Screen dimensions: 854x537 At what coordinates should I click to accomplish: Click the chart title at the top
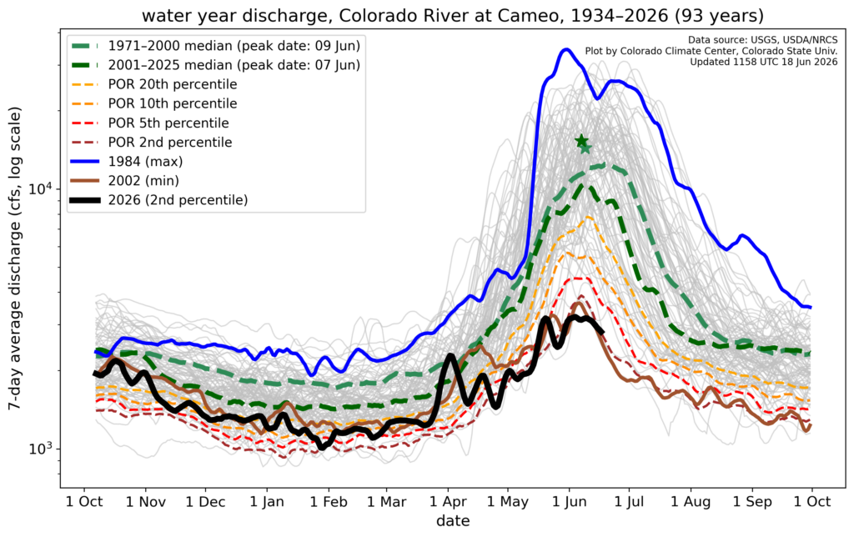point(453,15)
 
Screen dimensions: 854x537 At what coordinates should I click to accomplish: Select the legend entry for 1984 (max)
point(145,162)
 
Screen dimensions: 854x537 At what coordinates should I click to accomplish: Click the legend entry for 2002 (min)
point(143,181)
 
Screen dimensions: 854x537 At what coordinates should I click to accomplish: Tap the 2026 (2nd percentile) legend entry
point(178,200)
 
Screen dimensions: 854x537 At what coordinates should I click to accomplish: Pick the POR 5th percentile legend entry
point(168,123)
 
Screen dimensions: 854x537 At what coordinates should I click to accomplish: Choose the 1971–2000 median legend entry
point(234,46)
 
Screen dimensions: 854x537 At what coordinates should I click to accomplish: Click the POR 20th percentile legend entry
point(173,84)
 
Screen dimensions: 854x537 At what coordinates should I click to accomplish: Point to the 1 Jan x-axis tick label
point(267,502)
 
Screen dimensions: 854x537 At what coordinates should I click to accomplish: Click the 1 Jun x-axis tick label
point(570,502)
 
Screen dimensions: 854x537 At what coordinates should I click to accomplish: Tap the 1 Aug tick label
point(691,502)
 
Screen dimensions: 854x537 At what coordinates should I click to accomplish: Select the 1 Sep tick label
point(751,502)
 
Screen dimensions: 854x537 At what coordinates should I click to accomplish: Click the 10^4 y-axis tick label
point(41,189)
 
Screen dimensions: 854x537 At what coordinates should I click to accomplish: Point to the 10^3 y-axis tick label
point(41,449)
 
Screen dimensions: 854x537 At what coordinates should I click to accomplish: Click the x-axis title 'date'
point(453,521)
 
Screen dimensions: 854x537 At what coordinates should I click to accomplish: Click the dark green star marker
point(581,141)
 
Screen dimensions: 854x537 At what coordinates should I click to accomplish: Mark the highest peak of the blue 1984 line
point(566,49)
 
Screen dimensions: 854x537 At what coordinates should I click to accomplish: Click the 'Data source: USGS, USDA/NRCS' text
point(762,40)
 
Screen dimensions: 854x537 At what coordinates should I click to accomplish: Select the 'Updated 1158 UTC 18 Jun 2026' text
point(764,62)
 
